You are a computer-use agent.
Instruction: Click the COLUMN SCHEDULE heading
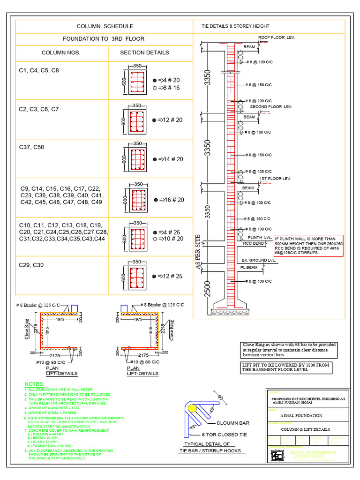105,26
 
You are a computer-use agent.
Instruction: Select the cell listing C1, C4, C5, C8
39,70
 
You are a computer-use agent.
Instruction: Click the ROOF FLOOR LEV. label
277,37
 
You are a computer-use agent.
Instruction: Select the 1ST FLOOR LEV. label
276,179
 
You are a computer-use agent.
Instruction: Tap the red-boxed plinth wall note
309,246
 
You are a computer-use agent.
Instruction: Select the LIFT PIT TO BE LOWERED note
286,367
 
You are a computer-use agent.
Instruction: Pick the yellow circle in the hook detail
193,408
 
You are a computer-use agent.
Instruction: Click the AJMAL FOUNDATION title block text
296,415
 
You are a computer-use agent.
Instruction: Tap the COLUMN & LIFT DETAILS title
305,429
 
